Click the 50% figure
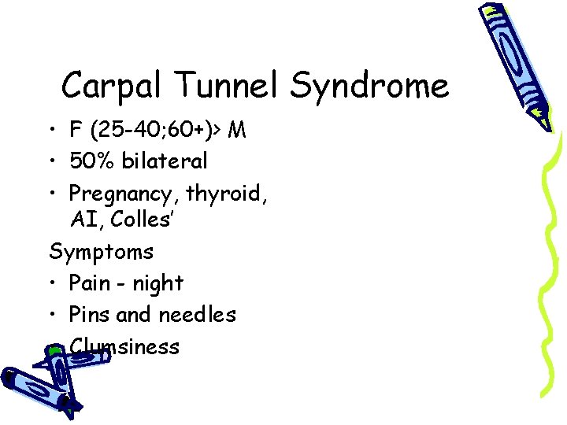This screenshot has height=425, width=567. click(91, 161)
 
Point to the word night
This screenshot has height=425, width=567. click(158, 284)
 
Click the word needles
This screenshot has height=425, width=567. click(198, 315)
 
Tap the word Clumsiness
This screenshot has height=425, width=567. click(126, 346)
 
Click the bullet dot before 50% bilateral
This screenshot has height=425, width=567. click(54, 162)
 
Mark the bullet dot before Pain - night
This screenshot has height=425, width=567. click(54, 283)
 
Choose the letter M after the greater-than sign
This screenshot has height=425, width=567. click(236, 130)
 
